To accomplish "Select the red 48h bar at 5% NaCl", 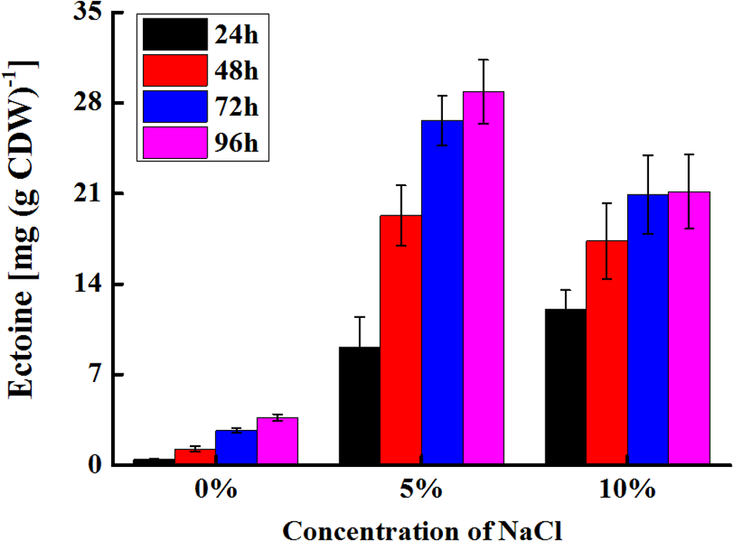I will click(x=400, y=340).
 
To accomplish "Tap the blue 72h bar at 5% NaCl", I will click(x=441, y=292).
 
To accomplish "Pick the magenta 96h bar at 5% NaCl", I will click(x=483, y=278).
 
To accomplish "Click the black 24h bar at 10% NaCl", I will click(x=565, y=387).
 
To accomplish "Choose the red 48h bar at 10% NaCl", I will click(x=606, y=353).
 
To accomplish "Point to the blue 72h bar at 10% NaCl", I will click(x=647, y=330).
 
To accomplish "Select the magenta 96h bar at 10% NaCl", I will click(x=689, y=328).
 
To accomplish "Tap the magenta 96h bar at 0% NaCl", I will click(x=277, y=441).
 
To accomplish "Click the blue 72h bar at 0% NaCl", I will click(x=235, y=448).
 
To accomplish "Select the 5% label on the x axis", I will click(x=421, y=491).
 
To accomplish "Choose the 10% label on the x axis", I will click(x=627, y=491).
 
